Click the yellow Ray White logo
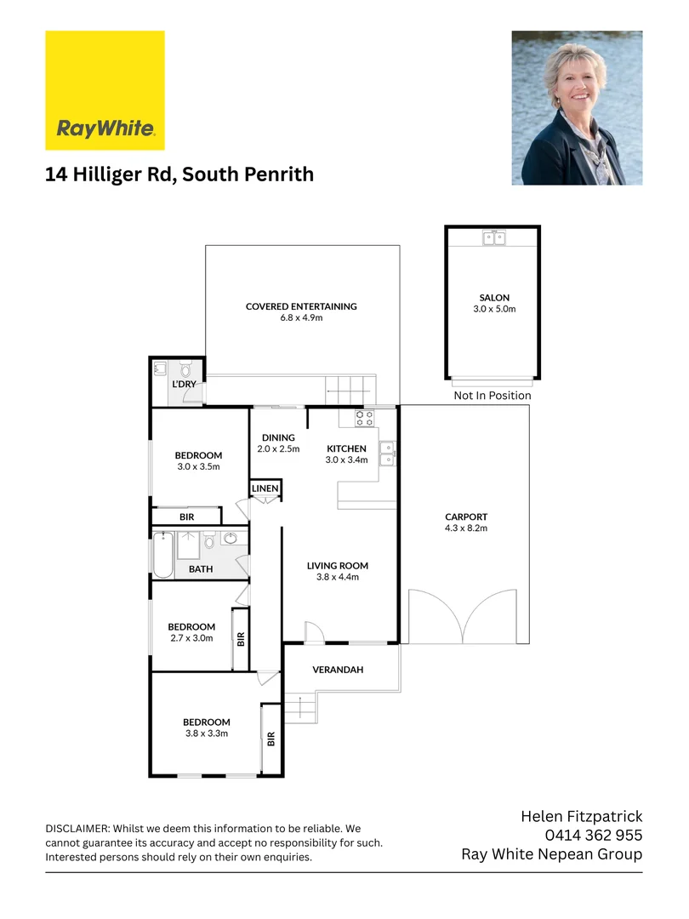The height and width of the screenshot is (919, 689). (105, 90)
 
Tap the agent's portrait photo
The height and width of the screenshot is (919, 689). (577, 108)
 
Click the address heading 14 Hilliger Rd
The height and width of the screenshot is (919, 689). (179, 174)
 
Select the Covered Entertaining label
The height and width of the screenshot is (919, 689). (301, 306)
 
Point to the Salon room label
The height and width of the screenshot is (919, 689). (494, 298)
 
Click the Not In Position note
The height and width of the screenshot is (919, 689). (492, 396)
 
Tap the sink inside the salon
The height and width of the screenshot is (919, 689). (493, 238)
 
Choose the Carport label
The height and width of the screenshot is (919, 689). (466, 517)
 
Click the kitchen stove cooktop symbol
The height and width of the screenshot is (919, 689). (364, 418)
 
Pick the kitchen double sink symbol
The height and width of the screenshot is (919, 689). (387, 453)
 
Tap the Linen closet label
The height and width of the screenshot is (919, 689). (265, 488)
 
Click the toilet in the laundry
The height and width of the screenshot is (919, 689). (186, 370)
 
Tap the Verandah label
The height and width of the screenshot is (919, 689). (338, 670)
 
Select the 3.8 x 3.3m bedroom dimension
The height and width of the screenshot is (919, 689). (207, 733)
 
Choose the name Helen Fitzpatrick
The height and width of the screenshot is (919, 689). (581, 817)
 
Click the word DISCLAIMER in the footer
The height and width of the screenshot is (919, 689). (76, 828)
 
